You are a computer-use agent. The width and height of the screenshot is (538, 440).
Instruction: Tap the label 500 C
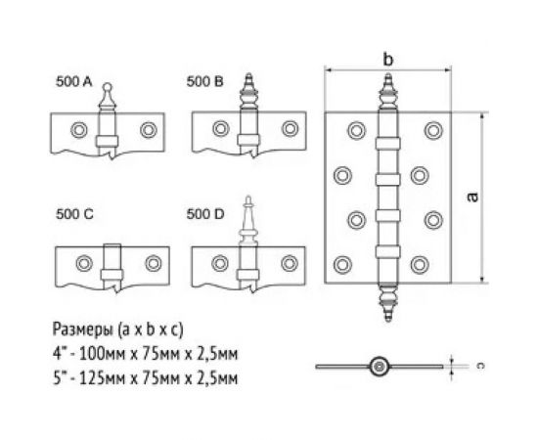[x=74, y=212]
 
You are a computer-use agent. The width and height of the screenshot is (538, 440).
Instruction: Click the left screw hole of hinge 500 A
[x=77, y=128]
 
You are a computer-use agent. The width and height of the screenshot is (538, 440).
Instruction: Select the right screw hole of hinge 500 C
[x=153, y=261]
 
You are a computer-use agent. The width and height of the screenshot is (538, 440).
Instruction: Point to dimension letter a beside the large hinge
[x=473, y=197]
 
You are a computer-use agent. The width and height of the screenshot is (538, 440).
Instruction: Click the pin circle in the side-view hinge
[x=378, y=368]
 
